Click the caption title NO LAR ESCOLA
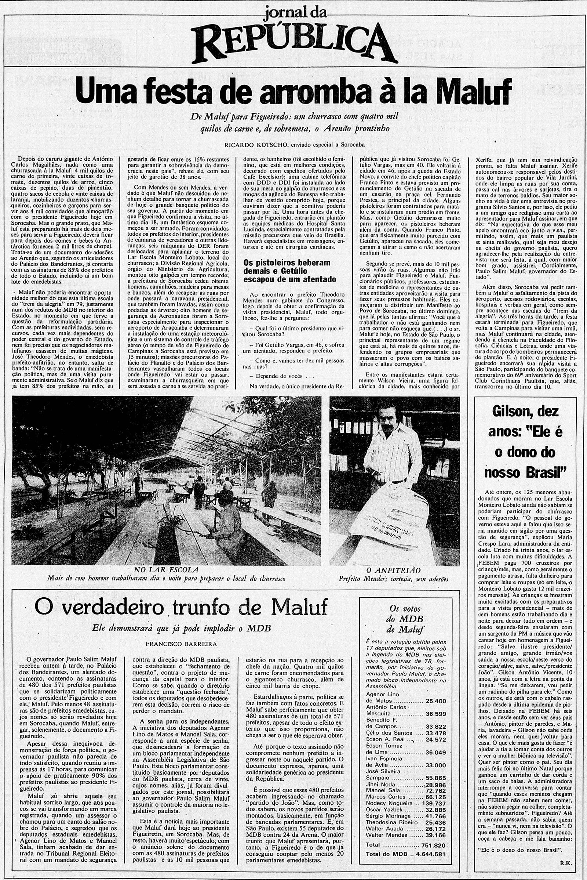click(x=166, y=570)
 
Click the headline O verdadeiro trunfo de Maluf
click(x=181, y=606)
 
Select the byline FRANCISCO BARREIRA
click(x=181, y=644)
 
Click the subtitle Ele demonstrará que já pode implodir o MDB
click(x=181, y=628)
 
